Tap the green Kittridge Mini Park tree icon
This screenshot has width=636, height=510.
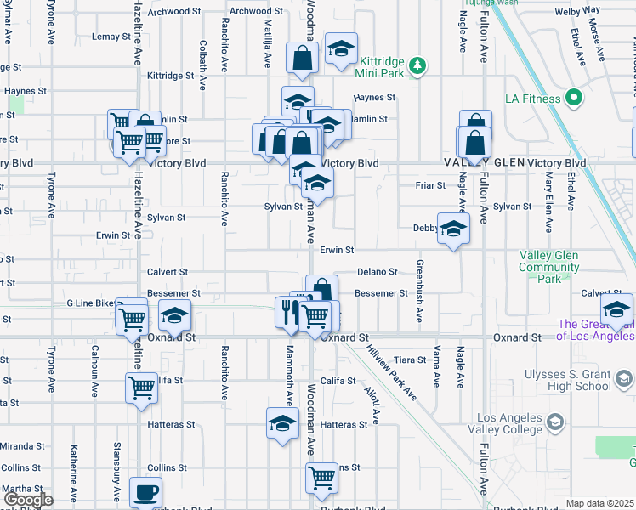417,65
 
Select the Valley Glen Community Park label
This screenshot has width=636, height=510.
549,267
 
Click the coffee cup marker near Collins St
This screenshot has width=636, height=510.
145,491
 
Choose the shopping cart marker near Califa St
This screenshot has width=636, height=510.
141,388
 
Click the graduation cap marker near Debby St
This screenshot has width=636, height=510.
453,228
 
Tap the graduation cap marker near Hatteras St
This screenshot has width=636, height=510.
283,422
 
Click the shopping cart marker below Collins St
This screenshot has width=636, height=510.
321,479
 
